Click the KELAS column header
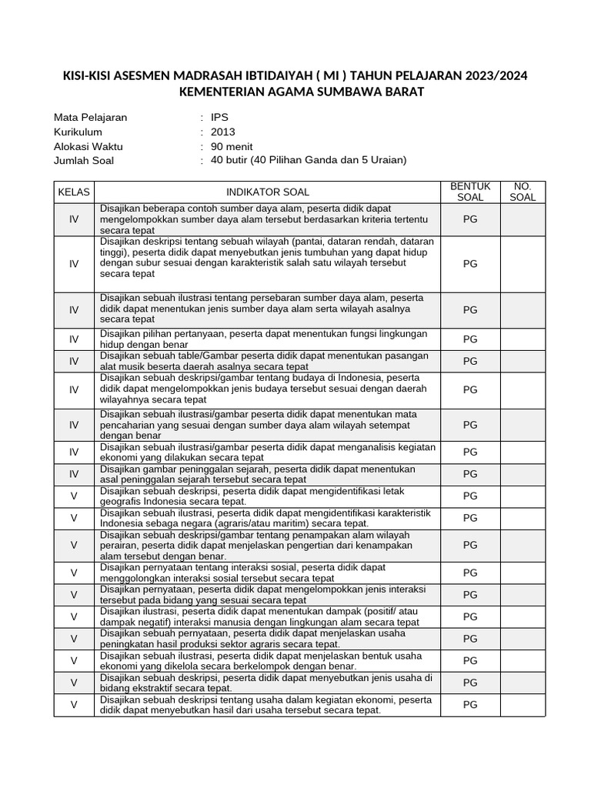74,192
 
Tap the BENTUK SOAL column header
470,192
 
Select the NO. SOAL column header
523,192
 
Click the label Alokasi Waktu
88,146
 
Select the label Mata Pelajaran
91,118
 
